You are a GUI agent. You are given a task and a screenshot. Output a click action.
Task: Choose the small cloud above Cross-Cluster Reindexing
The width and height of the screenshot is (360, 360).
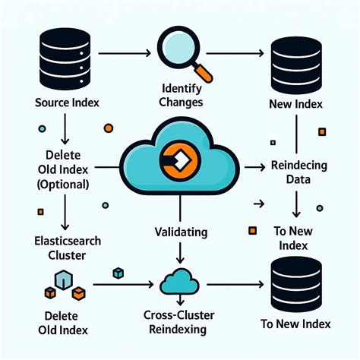(180, 282)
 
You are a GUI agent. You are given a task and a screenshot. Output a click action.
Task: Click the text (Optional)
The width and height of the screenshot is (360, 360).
(61, 185)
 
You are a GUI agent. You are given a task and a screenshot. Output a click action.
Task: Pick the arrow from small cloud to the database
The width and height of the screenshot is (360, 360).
(235, 286)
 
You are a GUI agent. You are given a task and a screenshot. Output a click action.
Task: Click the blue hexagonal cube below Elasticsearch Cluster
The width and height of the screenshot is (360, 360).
(64, 280)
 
